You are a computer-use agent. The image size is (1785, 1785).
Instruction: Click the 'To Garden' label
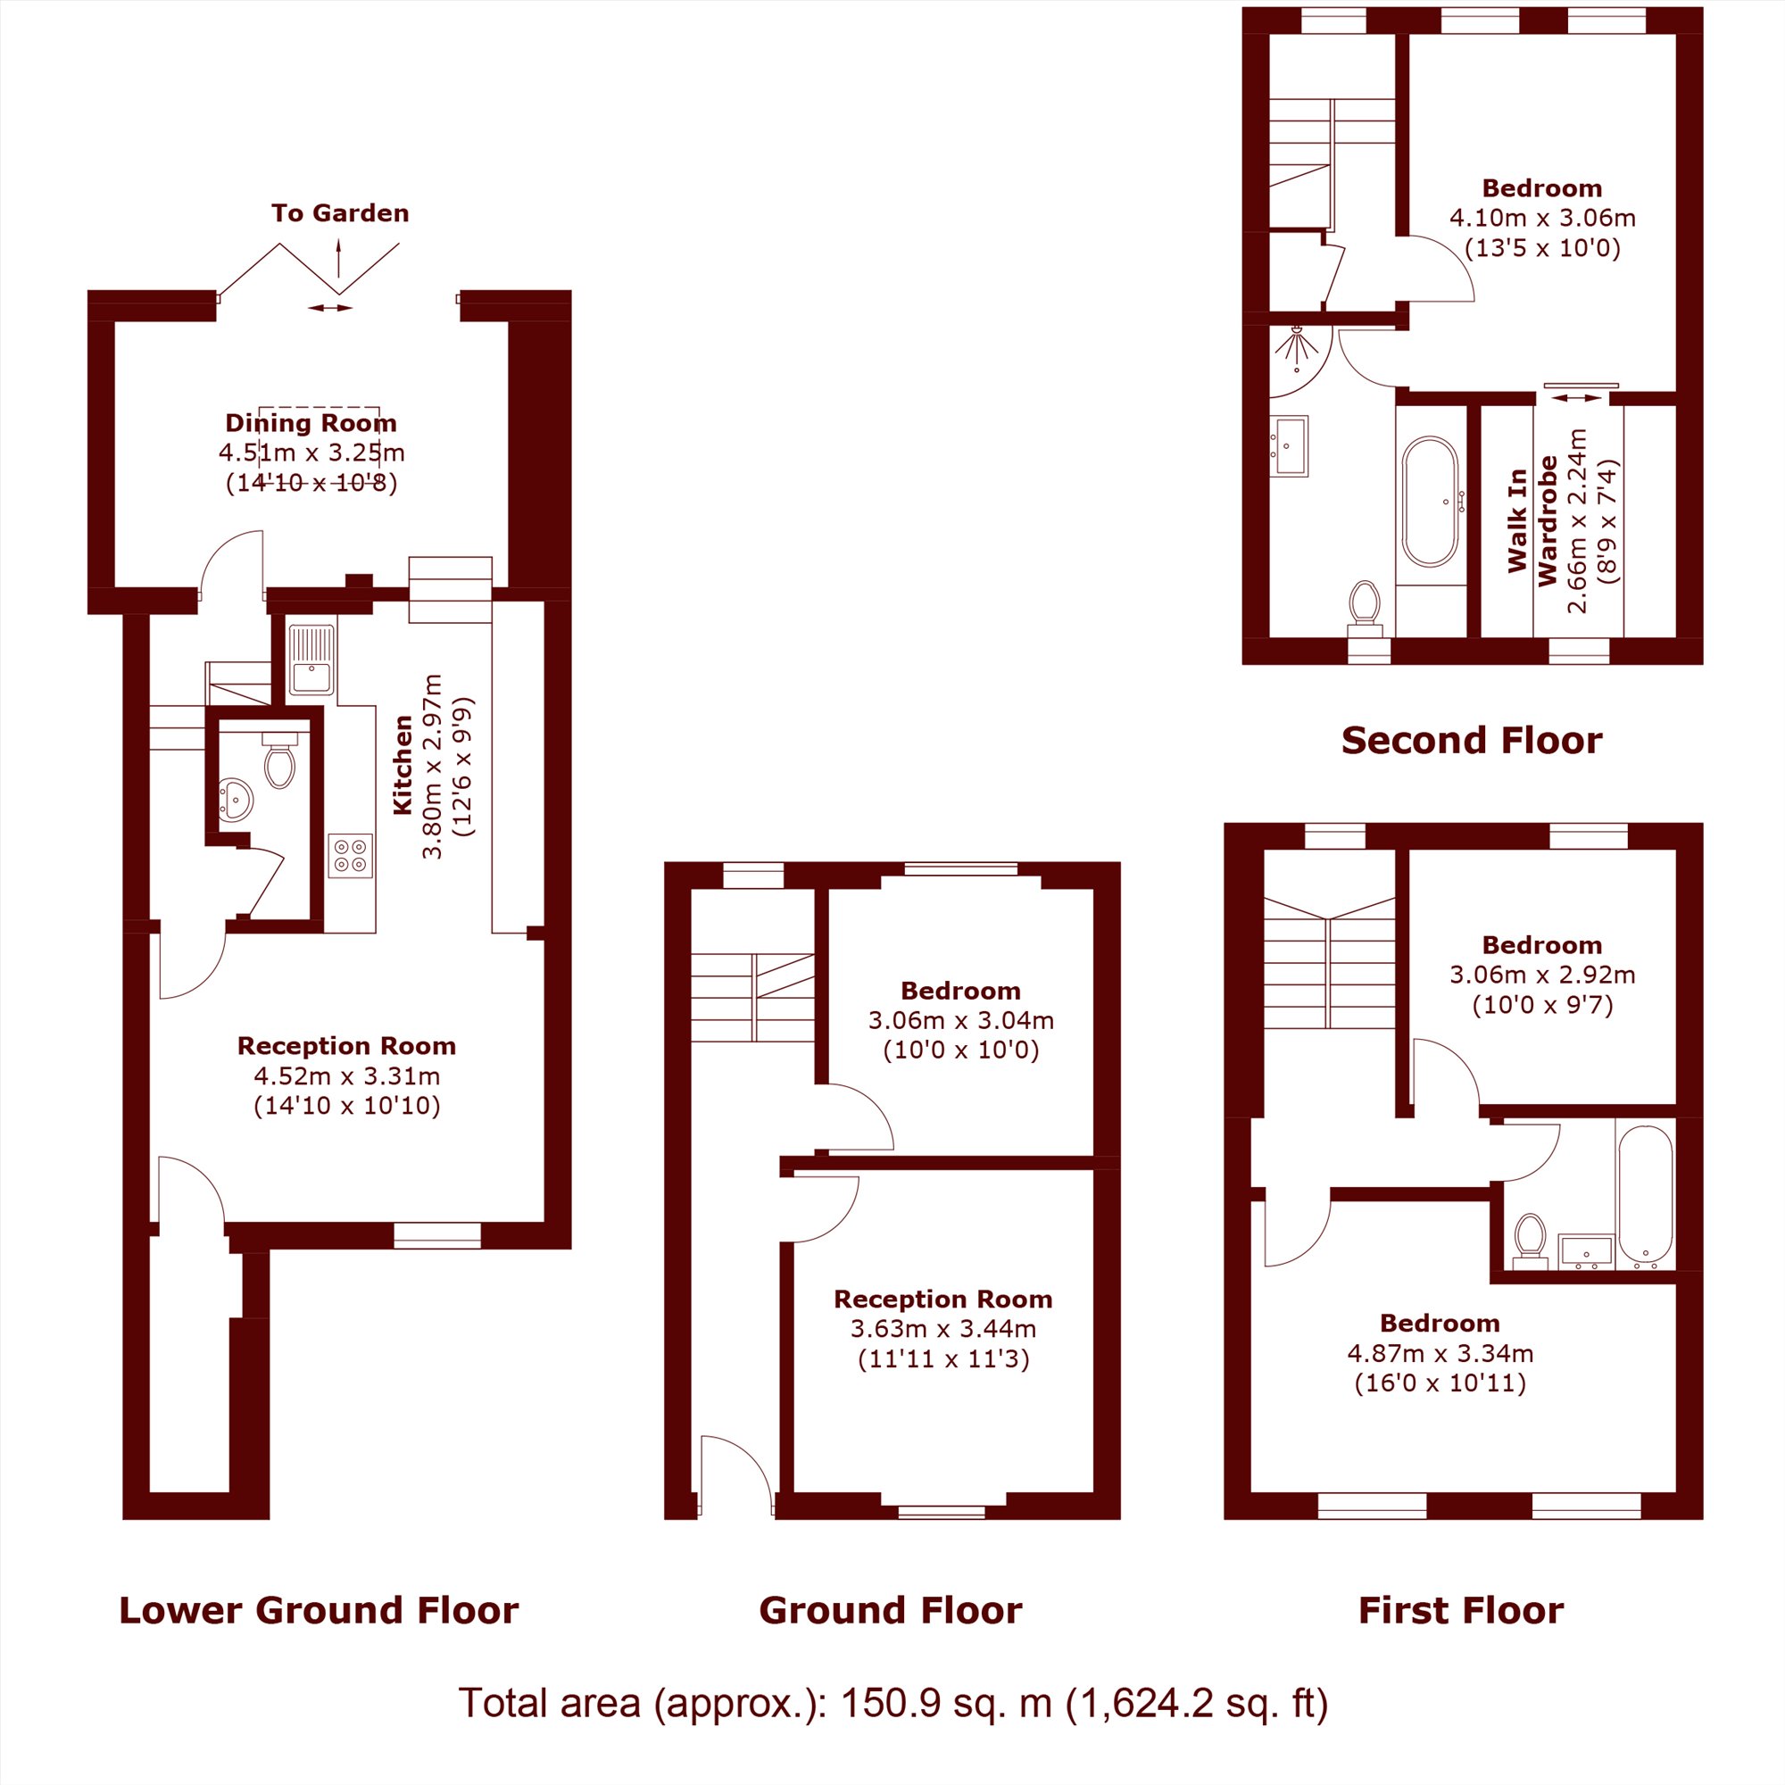pyautogui.click(x=340, y=213)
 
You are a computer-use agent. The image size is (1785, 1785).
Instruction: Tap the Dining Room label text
pyautogui.click(x=311, y=423)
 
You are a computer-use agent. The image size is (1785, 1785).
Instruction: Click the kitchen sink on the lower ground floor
pyautogui.click(x=311, y=660)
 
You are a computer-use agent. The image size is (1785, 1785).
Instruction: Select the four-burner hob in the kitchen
pyautogui.click(x=350, y=856)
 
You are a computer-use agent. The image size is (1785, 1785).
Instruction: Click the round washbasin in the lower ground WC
pyautogui.click(x=236, y=799)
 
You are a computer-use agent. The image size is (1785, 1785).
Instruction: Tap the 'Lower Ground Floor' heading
pyautogui.click(x=319, y=1610)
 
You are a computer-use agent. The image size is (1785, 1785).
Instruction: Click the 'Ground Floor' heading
pyautogui.click(x=891, y=1610)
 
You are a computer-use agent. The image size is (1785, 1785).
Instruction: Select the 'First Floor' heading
pyautogui.click(x=1461, y=1610)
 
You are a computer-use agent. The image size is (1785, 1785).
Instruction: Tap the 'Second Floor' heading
pyautogui.click(x=1472, y=740)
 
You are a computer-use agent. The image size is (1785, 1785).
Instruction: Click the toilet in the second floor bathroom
pyautogui.click(x=1364, y=609)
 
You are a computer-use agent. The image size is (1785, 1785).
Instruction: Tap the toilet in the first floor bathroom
pyautogui.click(x=1531, y=1240)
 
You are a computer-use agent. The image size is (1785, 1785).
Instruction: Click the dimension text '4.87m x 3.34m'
pyautogui.click(x=1440, y=1354)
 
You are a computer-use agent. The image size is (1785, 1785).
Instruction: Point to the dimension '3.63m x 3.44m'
pyautogui.click(x=943, y=1329)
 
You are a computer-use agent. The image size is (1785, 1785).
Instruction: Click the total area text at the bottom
pyautogui.click(x=893, y=1703)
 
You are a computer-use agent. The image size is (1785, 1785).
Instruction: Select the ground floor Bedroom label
pyautogui.click(x=961, y=991)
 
